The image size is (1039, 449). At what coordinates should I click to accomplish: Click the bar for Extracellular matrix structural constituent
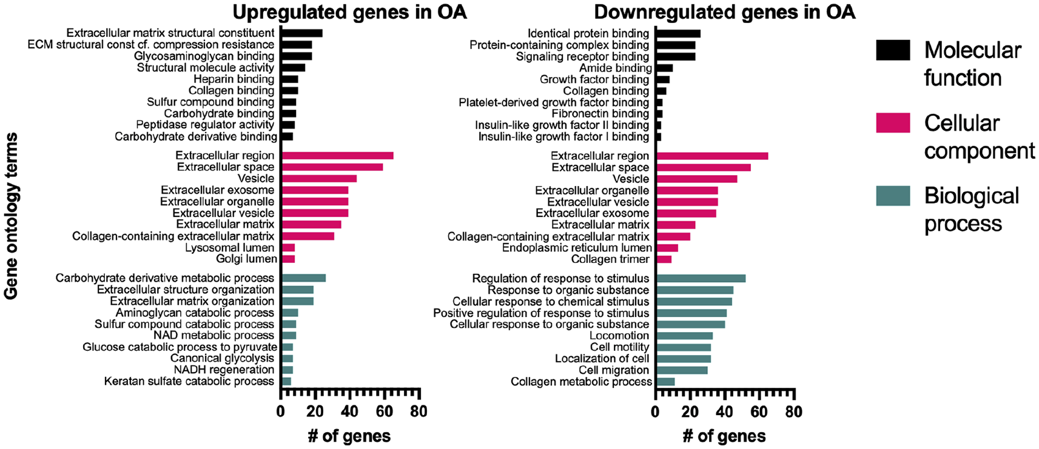[302, 33]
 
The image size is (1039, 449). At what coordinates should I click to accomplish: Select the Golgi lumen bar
[288, 259]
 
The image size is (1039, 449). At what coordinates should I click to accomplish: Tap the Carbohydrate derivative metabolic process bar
[303, 278]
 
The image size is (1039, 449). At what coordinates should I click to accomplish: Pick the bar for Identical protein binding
[679, 34]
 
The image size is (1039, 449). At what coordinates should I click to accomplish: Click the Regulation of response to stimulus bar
[701, 279]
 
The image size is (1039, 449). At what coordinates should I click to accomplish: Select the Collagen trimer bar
[664, 259]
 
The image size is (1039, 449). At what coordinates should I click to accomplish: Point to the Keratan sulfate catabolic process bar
[286, 381]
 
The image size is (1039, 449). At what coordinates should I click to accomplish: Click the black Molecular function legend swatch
[893, 50]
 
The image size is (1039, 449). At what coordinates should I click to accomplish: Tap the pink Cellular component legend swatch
[893, 123]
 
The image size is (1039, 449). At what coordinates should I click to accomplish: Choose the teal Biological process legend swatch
[893, 196]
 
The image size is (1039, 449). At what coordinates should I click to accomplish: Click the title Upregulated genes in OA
[350, 13]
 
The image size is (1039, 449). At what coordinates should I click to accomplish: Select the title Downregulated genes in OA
[725, 13]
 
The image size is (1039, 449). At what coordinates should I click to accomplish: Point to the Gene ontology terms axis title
[11, 216]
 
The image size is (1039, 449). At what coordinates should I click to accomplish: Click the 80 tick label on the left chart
[419, 411]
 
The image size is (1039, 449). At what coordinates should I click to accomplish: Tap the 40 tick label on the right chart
[725, 411]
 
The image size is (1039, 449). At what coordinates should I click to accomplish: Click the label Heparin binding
[234, 79]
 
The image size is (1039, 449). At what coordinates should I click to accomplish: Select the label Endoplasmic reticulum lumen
[577, 248]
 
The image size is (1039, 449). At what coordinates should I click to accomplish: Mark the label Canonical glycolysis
[222, 358]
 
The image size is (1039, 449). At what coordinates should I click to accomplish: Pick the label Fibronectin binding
[600, 113]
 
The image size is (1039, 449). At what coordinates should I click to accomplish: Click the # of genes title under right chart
[724, 436]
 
